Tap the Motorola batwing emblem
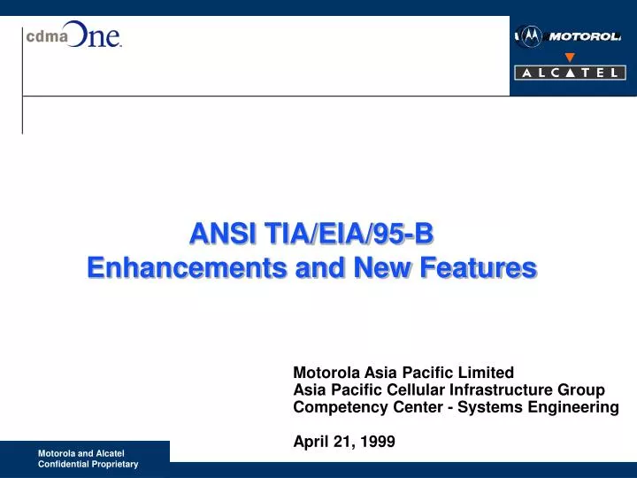pyautogui.click(x=530, y=36)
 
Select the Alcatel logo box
pyautogui.click(x=569, y=73)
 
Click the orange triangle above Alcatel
pyautogui.click(x=570, y=58)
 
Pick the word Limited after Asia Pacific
pyautogui.click(x=486, y=373)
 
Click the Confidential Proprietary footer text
pyautogui.click(x=88, y=464)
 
